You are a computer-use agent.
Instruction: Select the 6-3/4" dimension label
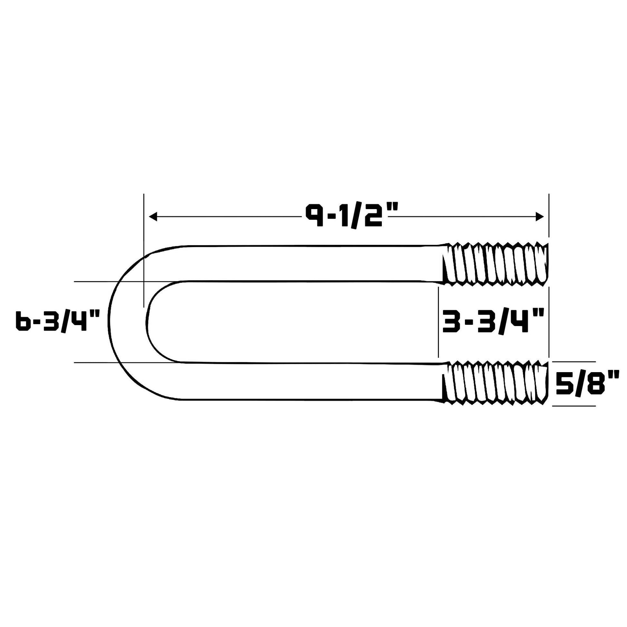tap(55, 321)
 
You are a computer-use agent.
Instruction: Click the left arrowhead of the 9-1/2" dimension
tap(153, 217)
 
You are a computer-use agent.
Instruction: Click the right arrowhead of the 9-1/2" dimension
tap(540, 217)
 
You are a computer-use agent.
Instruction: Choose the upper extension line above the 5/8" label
tap(574, 362)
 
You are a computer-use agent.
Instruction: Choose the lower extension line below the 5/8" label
tap(574, 406)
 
